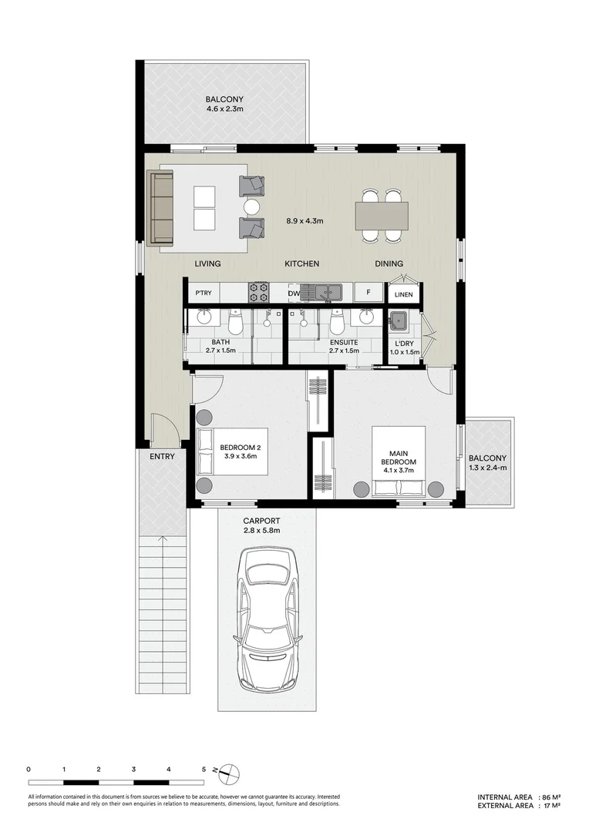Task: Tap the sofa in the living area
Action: click(x=160, y=208)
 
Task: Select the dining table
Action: click(x=381, y=215)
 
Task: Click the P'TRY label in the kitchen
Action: click(x=204, y=293)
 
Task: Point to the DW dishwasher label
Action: click(x=293, y=293)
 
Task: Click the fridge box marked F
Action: click(x=369, y=293)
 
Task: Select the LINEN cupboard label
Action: click(x=404, y=294)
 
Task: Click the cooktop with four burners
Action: click(x=258, y=292)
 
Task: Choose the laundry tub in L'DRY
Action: click(x=399, y=320)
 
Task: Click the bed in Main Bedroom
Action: click(x=399, y=461)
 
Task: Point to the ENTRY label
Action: click(x=163, y=456)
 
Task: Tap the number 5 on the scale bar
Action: click(x=204, y=769)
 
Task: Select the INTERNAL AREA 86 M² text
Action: click(x=518, y=797)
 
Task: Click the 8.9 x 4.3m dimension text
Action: click(x=304, y=221)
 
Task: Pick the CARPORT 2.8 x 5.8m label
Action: click(x=261, y=525)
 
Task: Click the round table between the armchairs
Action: click(x=252, y=206)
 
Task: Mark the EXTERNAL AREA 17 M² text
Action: click(x=518, y=806)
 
